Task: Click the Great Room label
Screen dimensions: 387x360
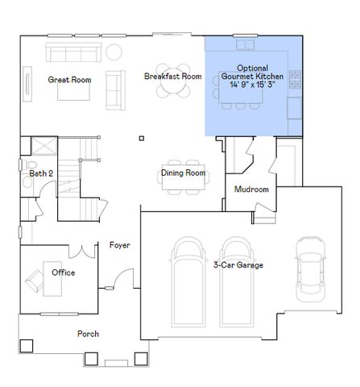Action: point(68,80)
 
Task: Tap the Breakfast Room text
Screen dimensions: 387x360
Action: point(172,77)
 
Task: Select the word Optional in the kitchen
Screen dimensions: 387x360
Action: point(253,69)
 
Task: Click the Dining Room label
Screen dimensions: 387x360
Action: point(183,173)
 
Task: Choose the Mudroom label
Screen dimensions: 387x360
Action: point(250,189)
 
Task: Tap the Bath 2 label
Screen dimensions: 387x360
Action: point(41,173)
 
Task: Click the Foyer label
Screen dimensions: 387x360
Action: point(119,245)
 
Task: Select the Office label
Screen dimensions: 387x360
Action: point(64,273)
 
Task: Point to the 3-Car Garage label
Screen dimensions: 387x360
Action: point(238,264)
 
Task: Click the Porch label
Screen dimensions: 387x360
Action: point(88,334)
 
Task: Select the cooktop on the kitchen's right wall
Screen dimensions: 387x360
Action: point(296,80)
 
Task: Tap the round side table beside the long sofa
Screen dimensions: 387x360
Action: point(114,52)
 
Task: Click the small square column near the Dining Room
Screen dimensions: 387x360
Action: point(142,137)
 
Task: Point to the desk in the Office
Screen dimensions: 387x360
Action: point(36,281)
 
